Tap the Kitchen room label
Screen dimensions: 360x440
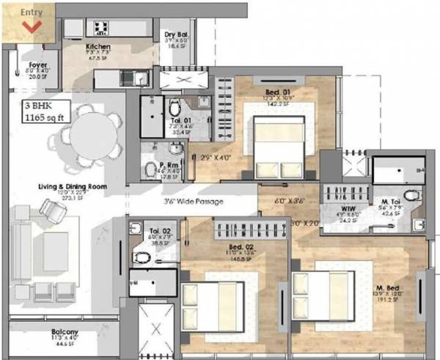(x=97, y=47)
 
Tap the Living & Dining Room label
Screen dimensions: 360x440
(x=73, y=187)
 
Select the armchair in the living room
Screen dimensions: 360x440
(x=54, y=212)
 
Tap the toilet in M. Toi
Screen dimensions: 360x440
(x=413, y=196)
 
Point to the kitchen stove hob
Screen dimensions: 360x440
(x=100, y=27)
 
